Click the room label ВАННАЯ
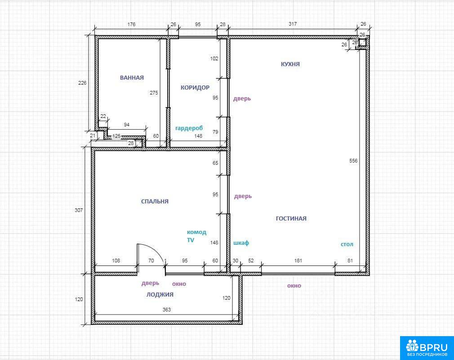(x=132, y=77)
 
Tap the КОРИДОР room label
(x=195, y=87)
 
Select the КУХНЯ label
(x=290, y=64)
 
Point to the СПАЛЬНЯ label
(x=155, y=201)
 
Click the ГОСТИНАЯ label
(x=291, y=218)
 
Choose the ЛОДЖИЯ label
(x=160, y=294)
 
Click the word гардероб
(x=189, y=128)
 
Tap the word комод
(x=196, y=232)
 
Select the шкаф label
(x=241, y=243)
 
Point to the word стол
(x=347, y=244)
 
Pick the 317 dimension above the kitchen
(x=293, y=24)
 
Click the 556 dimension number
(x=353, y=161)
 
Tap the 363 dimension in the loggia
(x=167, y=310)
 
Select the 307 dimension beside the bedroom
(x=79, y=210)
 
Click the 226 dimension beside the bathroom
(x=83, y=83)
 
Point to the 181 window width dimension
(x=298, y=261)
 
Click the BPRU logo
(x=427, y=348)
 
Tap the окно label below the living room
(x=294, y=286)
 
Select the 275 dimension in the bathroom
(x=154, y=93)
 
